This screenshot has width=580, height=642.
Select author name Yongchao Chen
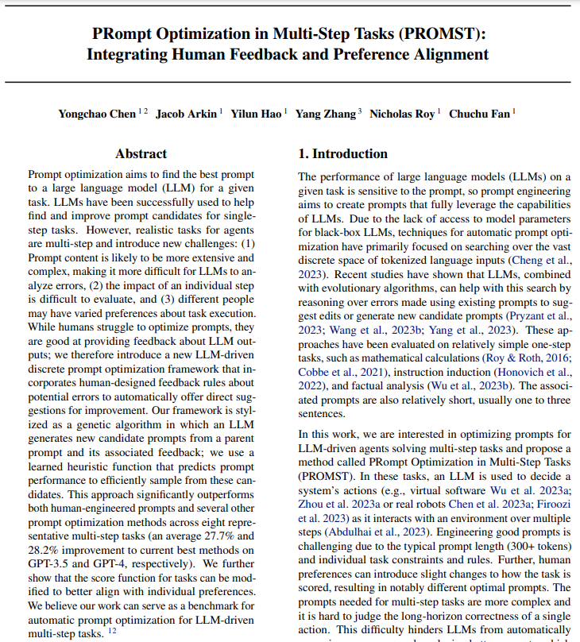tap(96, 114)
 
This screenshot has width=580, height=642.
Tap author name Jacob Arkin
tap(187, 114)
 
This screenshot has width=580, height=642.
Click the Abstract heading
tap(141, 153)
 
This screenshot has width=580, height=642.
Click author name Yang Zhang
tap(326, 114)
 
